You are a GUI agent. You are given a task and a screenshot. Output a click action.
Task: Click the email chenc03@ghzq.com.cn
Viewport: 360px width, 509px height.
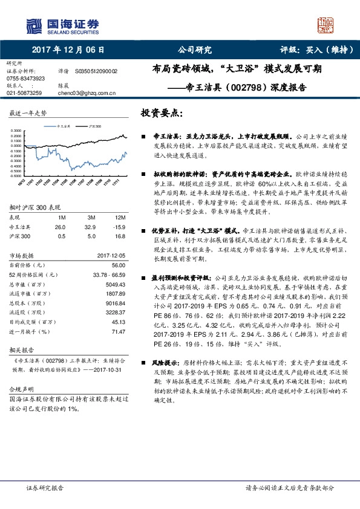coord(87,93)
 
